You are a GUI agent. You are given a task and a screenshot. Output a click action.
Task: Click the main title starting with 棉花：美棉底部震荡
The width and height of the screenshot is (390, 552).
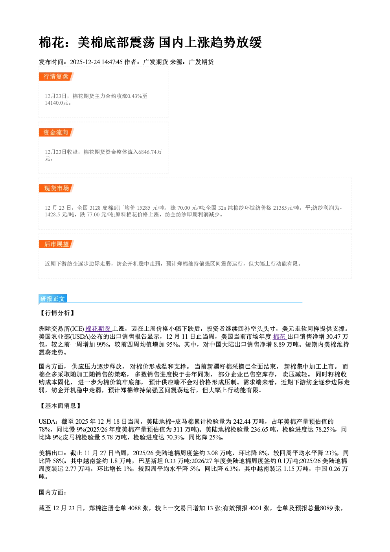coord(150,42)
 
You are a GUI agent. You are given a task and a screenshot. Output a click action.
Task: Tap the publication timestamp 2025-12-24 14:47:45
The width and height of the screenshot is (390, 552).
coord(96,62)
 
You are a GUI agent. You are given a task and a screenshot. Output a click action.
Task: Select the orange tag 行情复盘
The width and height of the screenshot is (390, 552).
coord(56,76)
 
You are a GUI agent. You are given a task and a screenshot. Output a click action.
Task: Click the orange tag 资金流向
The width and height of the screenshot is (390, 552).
coord(56,132)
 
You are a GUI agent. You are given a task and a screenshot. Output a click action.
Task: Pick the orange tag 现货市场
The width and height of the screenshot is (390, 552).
coord(56,188)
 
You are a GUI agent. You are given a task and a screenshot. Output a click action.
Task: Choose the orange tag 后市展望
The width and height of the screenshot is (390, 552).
coord(56,244)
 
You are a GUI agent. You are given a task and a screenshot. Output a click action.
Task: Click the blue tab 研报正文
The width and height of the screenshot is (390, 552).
coord(53,299)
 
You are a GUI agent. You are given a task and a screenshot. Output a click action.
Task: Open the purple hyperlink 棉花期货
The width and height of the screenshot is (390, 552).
coord(99,329)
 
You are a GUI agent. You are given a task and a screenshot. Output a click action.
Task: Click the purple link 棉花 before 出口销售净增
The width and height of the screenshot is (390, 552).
coord(280,336)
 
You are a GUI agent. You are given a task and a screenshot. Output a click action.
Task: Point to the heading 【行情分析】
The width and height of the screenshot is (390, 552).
coord(57,313)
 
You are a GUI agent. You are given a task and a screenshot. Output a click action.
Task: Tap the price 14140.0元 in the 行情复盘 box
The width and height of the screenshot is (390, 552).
coord(56,103)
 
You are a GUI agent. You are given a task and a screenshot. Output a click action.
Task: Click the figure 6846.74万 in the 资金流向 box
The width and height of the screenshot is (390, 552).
coord(150,152)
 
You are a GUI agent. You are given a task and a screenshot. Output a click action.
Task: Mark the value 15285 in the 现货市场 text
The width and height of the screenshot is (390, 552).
coord(143,208)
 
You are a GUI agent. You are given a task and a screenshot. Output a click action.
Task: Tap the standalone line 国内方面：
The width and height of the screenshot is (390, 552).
coord(53,492)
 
